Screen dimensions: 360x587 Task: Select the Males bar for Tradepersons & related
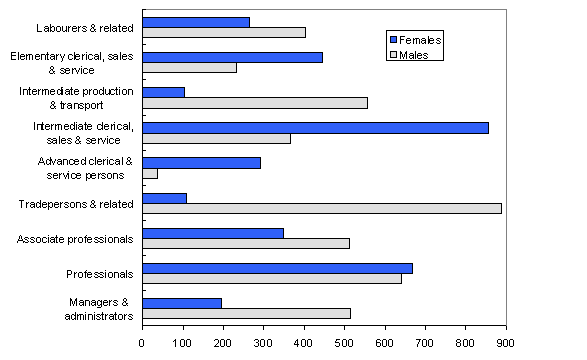(x=322, y=208)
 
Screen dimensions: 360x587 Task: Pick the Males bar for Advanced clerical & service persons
(x=150, y=174)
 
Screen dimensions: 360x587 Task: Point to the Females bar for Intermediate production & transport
(x=164, y=92)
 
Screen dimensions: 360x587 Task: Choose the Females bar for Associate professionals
(x=213, y=233)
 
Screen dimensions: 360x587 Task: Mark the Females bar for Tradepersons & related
(x=165, y=198)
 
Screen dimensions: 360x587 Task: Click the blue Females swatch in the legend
(x=393, y=40)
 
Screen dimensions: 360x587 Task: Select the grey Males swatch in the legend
(x=393, y=55)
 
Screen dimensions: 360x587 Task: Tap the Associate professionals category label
(x=76, y=239)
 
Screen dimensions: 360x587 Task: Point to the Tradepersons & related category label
(x=76, y=204)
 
